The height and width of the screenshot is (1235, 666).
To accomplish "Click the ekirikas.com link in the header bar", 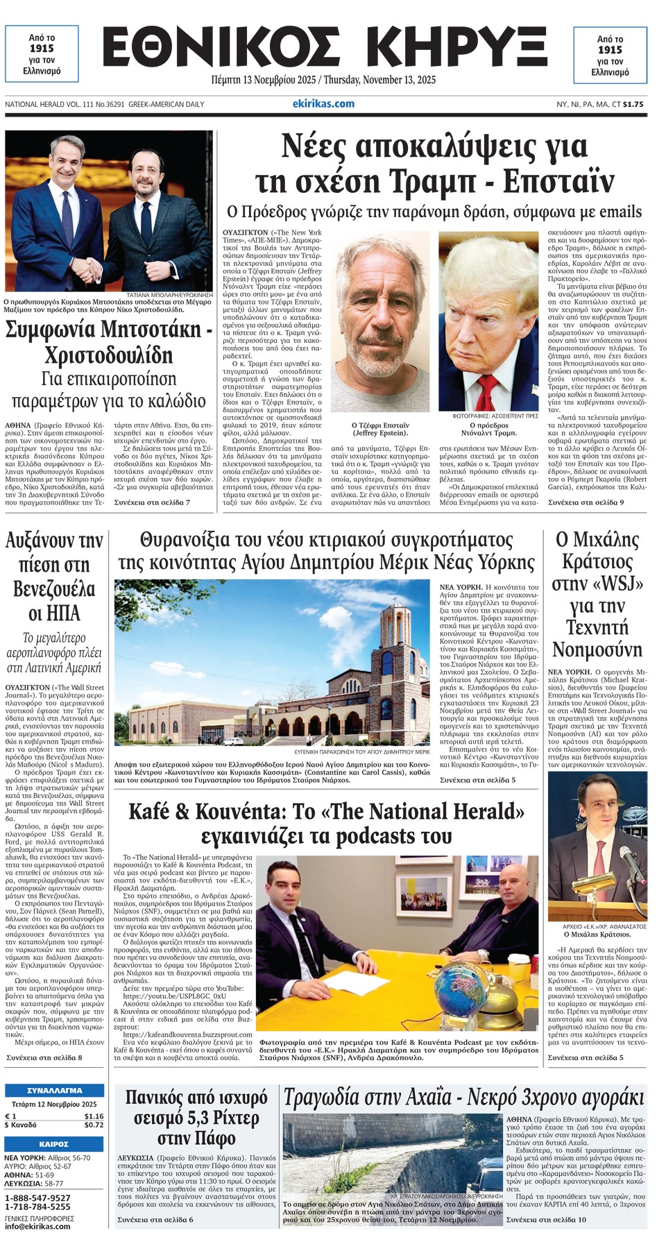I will coord(323,104).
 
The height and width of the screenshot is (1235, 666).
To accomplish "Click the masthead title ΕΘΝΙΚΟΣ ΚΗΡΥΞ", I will coord(325,49).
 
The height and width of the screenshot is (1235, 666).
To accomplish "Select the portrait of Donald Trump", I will coord(488,323).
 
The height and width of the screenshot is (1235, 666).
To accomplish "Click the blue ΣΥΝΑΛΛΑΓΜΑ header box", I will coord(55,1090).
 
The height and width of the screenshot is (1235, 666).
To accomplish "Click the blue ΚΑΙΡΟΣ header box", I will coord(55,1144).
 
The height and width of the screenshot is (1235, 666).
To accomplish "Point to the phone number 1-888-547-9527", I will coord(37,1198).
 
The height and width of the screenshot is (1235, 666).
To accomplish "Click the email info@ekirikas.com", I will coord(37,1226).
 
